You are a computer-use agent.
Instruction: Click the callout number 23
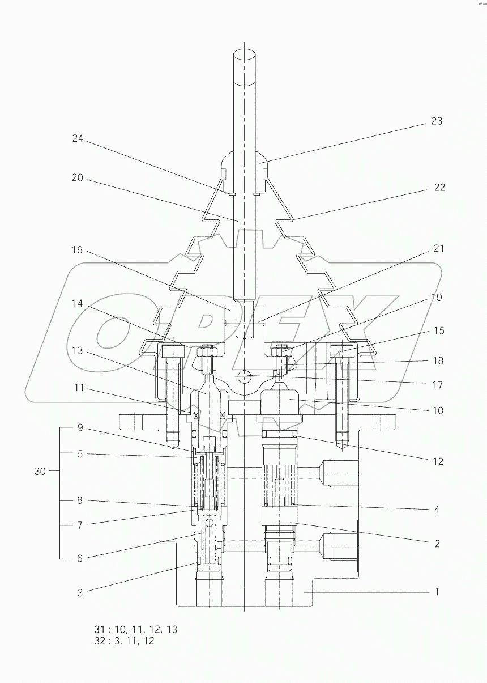click(x=436, y=121)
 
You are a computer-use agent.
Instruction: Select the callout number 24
click(x=77, y=138)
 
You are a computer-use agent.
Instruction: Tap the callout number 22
click(x=439, y=188)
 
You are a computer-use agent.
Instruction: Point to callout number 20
click(x=77, y=178)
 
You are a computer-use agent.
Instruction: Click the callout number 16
click(x=77, y=250)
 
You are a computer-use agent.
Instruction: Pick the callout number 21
click(x=438, y=249)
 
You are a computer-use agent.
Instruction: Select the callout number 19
click(x=436, y=298)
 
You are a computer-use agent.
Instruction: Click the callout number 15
click(x=438, y=330)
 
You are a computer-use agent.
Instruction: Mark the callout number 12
click(x=437, y=461)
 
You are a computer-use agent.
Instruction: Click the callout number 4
click(x=437, y=510)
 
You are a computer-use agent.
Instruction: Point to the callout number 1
click(x=437, y=592)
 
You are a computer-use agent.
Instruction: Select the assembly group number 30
click(x=40, y=471)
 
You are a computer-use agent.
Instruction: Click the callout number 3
click(x=80, y=593)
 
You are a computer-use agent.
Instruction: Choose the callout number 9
click(x=80, y=428)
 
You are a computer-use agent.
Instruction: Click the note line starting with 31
click(x=136, y=629)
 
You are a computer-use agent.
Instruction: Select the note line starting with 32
click(x=124, y=641)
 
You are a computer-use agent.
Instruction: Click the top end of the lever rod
click(x=244, y=56)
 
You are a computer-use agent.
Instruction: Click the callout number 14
click(x=77, y=304)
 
